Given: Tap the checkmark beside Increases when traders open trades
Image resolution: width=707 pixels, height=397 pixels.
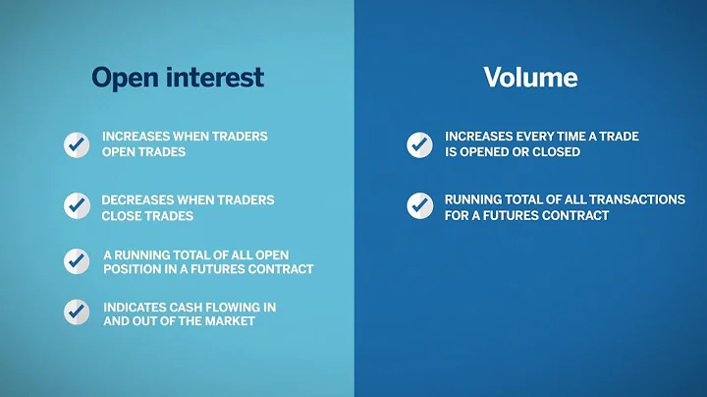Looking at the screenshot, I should tap(77, 144).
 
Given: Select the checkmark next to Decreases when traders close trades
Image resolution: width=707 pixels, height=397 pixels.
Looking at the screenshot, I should tap(77, 206).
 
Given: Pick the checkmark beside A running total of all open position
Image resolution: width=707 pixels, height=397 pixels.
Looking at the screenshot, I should tap(77, 260).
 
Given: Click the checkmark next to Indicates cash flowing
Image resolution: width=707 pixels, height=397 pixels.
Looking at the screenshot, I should tap(77, 312).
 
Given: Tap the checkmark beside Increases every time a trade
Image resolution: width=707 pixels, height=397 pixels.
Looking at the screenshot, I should tap(419, 144).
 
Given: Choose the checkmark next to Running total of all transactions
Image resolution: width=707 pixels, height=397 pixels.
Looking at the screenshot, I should tap(419, 206).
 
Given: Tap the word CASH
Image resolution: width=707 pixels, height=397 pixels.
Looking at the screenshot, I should tap(197, 308).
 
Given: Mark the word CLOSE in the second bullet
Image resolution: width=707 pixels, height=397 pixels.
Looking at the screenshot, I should tap(123, 215).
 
